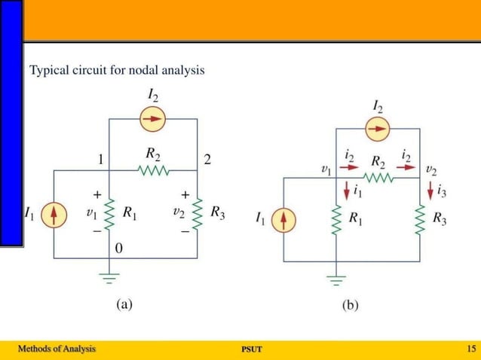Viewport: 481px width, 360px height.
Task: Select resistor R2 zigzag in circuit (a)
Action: (153, 171)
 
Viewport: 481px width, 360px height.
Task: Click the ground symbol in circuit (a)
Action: (109, 279)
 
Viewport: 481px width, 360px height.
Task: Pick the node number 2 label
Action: (208, 159)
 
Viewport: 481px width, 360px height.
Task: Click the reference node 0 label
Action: (119, 248)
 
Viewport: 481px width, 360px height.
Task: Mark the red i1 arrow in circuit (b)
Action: (345, 189)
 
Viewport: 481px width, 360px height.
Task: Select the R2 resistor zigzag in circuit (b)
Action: (378, 178)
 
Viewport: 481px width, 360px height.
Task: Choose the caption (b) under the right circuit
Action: (350, 305)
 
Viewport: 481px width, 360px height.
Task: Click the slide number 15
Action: (471, 349)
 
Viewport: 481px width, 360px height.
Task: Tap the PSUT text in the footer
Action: (251, 349)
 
